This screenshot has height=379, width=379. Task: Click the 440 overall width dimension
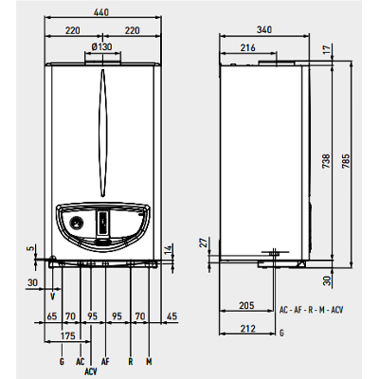click(101, 12)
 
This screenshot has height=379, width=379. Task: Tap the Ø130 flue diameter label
click(101, 47)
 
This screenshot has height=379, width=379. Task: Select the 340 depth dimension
click(264, 29)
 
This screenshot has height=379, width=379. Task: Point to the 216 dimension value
click(247, 48)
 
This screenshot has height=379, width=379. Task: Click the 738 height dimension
click(327, 161)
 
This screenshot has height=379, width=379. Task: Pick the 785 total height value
click(346, 161)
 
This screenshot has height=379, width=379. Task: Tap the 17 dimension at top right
click(327, 49)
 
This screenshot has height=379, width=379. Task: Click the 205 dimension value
click(246, 305)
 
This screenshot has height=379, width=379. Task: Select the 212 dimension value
click(247, 329)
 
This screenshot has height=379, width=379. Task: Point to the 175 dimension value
click(68, 335)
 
